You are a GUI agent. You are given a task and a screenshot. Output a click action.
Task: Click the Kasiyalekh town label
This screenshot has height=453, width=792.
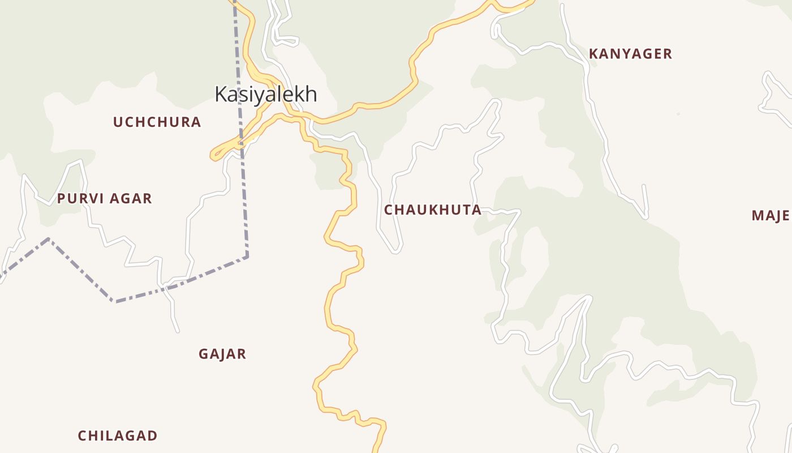click(265, 94)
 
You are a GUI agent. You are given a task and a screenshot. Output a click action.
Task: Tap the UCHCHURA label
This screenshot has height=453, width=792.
click(157, 122)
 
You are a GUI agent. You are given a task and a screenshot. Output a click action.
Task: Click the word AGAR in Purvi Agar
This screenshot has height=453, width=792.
click(131, 199)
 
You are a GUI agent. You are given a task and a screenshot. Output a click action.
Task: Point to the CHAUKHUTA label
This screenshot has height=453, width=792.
click(433, 210)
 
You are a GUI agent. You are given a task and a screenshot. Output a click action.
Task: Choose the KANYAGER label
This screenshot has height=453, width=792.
click(630, 54)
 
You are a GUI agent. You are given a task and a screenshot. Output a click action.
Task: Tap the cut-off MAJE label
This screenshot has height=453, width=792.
click(771, 216)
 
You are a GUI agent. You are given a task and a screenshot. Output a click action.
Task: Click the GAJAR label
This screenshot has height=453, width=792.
click(222, 354)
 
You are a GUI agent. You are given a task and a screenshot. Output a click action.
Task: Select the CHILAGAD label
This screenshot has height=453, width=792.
click(117, 436)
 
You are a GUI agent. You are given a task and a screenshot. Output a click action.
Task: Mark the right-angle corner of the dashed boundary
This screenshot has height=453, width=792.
click(247, 257)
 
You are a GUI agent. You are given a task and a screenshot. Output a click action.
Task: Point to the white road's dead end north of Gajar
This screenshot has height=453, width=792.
click(177, 331)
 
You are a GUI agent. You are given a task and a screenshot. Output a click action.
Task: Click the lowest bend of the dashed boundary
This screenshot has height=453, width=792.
click(115, 301)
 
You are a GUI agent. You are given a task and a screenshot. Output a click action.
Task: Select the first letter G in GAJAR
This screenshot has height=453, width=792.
click(204, 354)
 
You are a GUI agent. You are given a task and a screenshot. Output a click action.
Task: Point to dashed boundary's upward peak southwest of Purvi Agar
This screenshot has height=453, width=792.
click(49, 239)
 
